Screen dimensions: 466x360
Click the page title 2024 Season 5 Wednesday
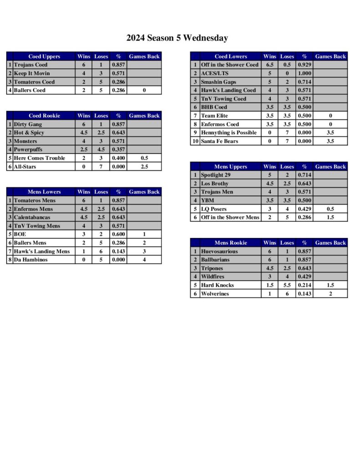pos(177,38)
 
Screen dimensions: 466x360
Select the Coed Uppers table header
pos(44,56)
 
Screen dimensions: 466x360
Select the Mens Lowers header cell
pos(44,192)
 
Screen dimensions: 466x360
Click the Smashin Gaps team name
pos(218,82)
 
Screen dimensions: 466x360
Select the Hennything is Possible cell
pos(228,132)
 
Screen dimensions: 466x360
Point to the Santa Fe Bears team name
pos(219,141)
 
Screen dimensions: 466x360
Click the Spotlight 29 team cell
pos(217,175)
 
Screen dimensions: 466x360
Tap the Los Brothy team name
pos(215,183)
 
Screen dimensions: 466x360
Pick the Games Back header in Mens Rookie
pos(330,243)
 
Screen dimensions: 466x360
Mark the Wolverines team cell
pos(215,294)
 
